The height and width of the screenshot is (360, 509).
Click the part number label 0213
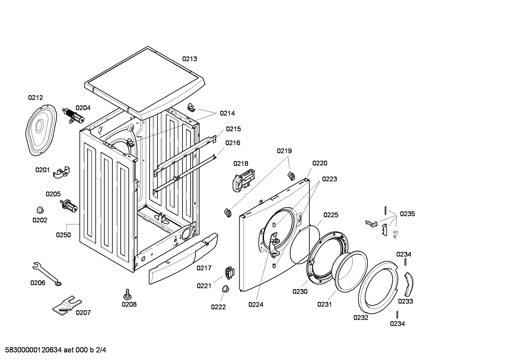[x=189, y=59]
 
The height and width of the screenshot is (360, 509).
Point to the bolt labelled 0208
[x=128, y=294]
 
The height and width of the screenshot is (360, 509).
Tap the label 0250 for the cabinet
[x=63, y=235]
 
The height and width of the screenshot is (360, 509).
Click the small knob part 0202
[x=40, y=210]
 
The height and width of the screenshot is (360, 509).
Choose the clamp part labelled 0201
[x=61, y=172]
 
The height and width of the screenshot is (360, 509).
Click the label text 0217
[x=204, y=268]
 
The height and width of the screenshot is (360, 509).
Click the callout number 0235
[x=407, y=214]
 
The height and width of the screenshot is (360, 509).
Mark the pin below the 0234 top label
[x=405, y=262]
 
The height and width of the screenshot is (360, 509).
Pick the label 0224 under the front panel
[x=256, y=305]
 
